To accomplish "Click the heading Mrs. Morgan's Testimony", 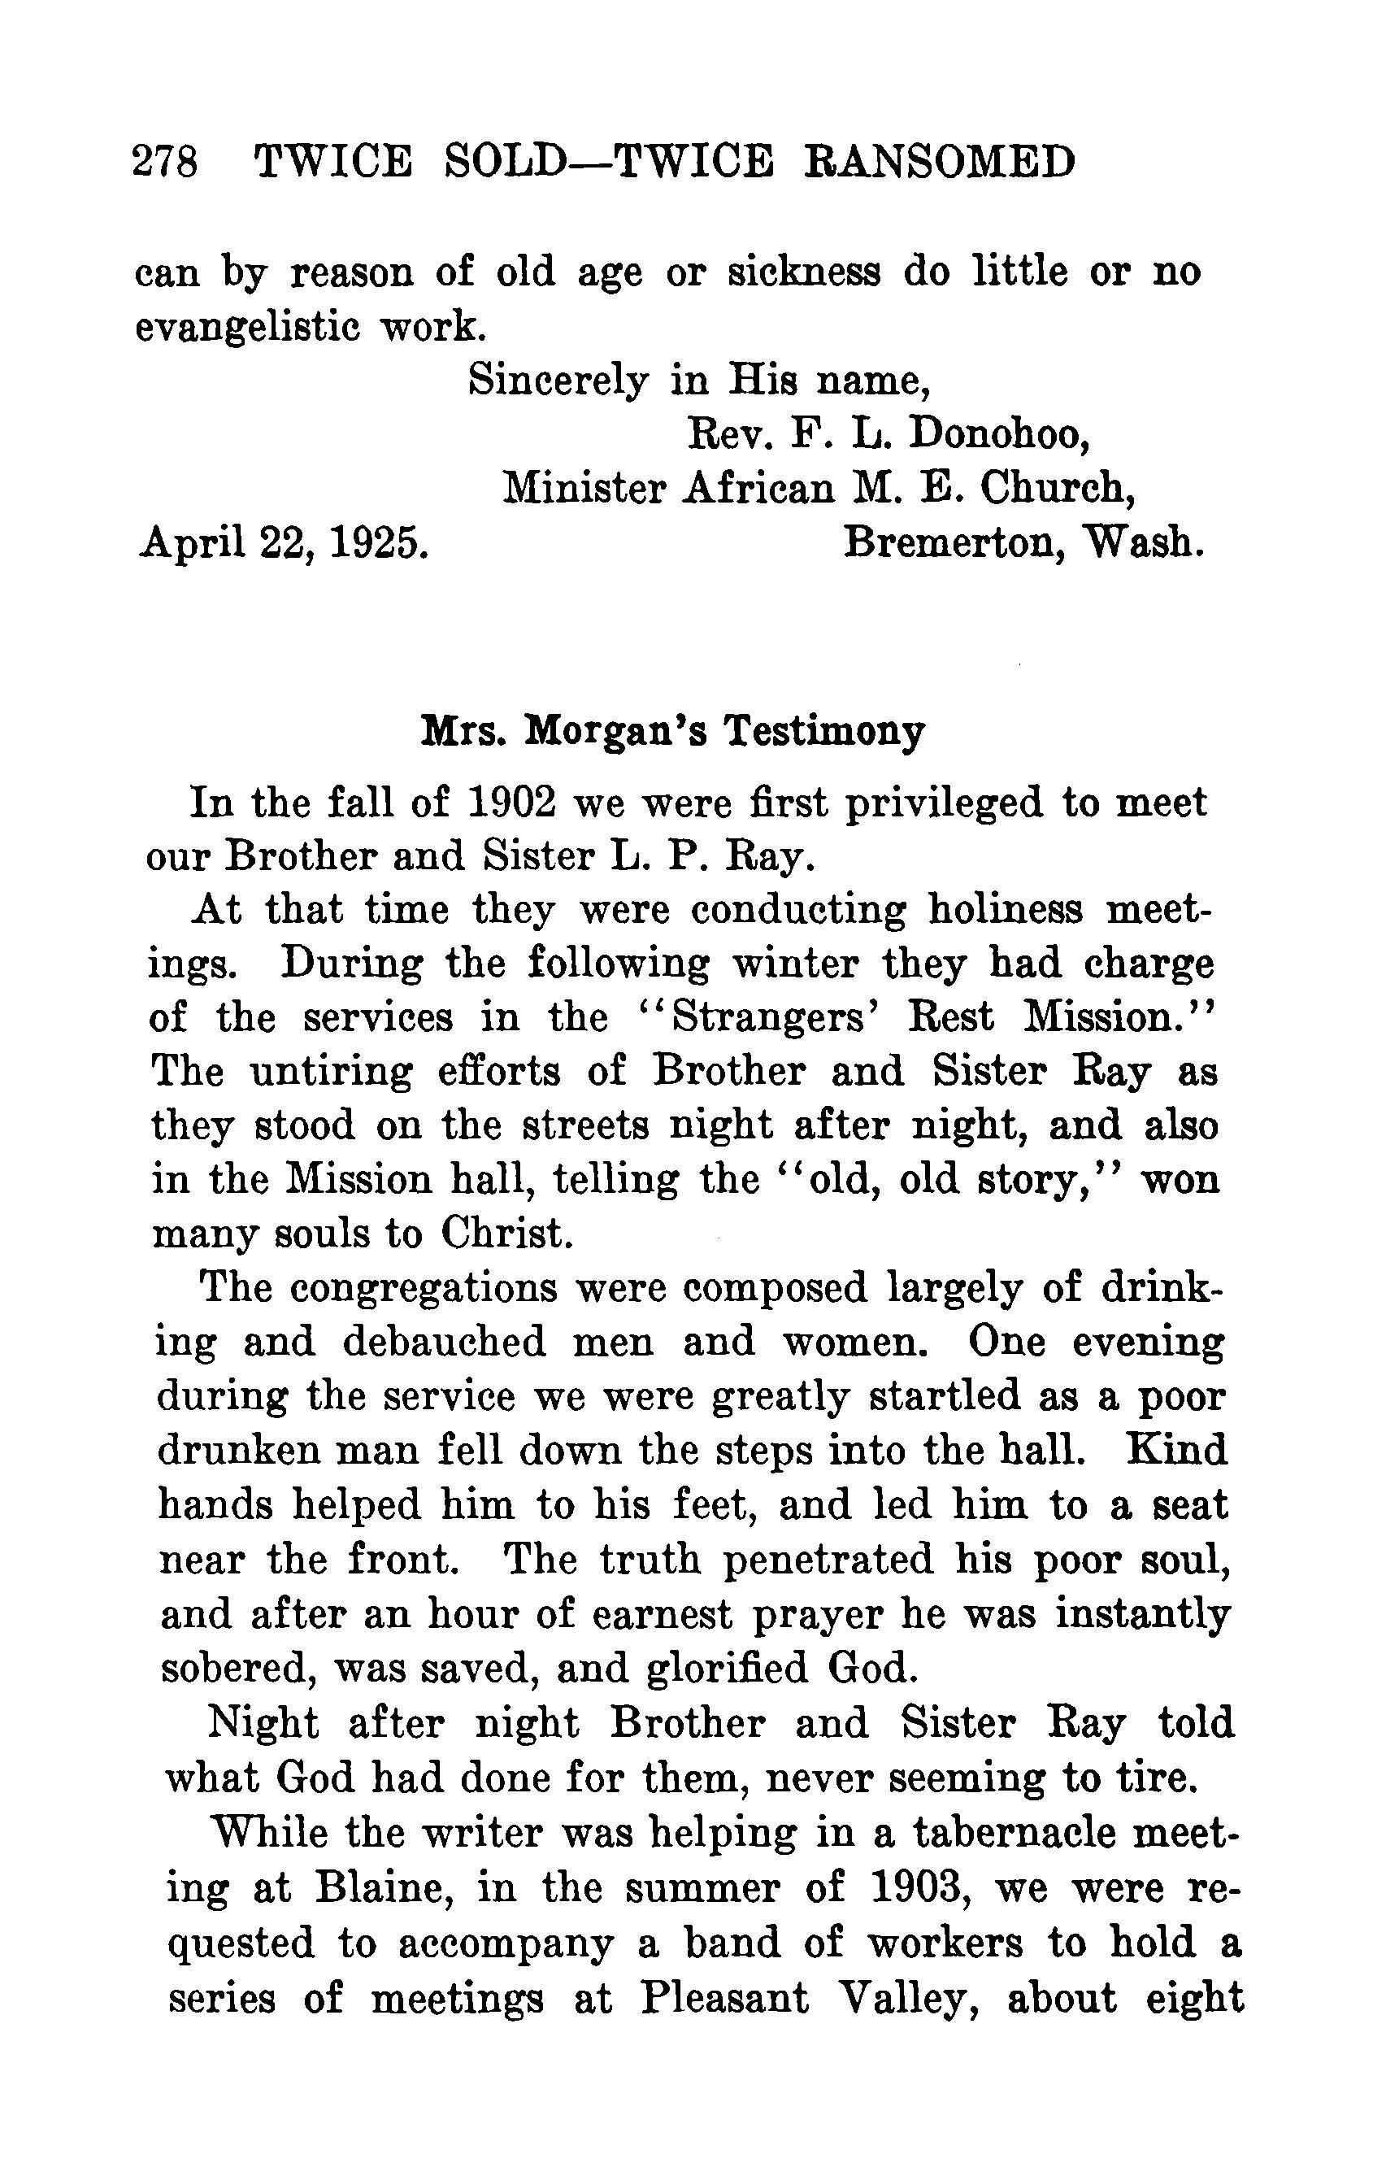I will coord(672,731).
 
